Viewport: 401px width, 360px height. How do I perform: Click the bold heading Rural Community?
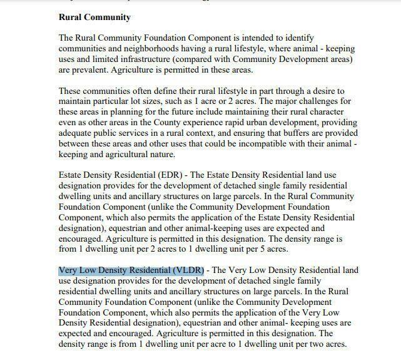coord(94,17)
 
